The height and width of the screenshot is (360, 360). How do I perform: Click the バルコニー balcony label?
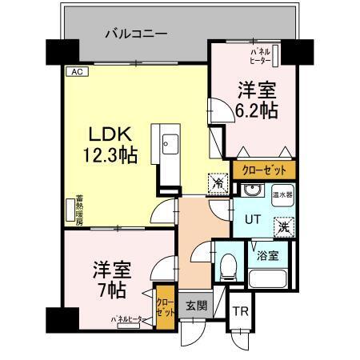pos(137,34)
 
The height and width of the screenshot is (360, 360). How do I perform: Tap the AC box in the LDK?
pos(77,72)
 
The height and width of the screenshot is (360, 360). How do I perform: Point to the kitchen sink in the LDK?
pos(170,146)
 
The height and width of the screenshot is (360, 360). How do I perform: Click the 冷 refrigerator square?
pos(218,183)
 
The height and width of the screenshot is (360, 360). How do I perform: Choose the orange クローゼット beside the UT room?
pos(264,170)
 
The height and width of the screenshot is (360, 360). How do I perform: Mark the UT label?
pos(251,217)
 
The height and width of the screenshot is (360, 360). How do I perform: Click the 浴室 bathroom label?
pos(269,256)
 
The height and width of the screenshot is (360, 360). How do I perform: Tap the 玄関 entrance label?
pos(196,305)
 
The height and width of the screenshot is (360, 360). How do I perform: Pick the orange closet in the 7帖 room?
pos(164,306)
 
